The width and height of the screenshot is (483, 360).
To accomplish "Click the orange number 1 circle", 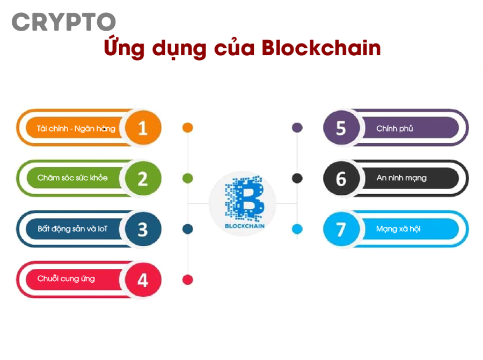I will (143, 128).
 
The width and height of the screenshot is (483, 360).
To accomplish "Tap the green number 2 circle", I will (143, 179).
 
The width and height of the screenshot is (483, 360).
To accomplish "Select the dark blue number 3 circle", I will (143, 229).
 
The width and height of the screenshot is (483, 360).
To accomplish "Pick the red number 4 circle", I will (143, 280).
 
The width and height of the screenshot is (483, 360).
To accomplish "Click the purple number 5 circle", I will (341, 128).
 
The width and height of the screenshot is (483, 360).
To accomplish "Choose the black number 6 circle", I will (341, 179).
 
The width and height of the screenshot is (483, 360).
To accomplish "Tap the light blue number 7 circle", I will (341, 229).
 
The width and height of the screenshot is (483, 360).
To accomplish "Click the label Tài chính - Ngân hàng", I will (76, 129).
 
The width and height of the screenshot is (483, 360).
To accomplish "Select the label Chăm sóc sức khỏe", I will (72, 178).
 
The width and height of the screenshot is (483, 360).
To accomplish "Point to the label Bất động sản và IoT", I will (72, 229).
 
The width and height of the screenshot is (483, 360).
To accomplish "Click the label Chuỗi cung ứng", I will (66, 279).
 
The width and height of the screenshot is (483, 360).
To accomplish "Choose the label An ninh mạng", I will (401, 178).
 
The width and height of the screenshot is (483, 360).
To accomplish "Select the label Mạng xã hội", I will (398, 229).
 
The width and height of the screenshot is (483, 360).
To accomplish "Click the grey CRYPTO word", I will (64, 22).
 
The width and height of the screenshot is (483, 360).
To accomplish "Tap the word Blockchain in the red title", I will (321, 48).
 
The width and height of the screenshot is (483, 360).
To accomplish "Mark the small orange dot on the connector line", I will (187, 128).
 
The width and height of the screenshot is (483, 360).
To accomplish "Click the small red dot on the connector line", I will (187, 280).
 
